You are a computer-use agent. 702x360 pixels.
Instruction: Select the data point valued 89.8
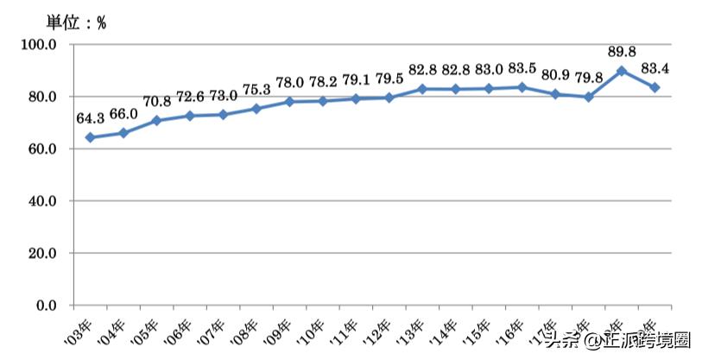pyautogui.click(x=622, y=71)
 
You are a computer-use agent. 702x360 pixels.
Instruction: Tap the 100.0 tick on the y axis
pyautogui.click(x=39, y=44)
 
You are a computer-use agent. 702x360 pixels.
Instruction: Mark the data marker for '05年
pyautogui.click(x=156, y=120)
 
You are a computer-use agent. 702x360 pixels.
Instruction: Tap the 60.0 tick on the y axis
pyautogui.click(x=41, y=148)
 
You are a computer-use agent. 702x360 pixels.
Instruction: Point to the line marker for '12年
pyautogui.click(x=389, y=98)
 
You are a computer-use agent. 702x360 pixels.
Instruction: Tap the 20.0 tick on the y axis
pyautogui.click(x=41, y=253)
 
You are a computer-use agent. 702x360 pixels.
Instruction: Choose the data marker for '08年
pyautogui.click(x=256, y=109)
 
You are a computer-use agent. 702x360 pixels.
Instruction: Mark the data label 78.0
pyautogui.click(x=289, y=84)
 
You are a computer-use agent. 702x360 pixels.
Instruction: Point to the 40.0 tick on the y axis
pyautogui.click(x=41, y=201)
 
